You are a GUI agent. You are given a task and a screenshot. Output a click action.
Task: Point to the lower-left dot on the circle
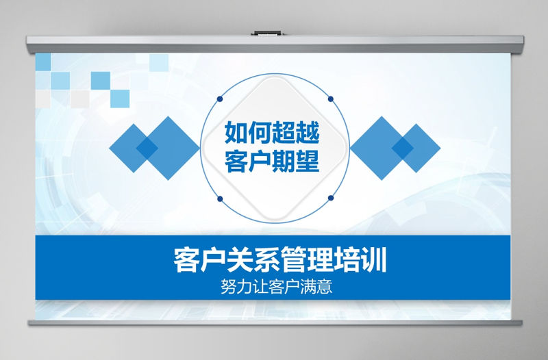pyautogui.click(x=221, y=198)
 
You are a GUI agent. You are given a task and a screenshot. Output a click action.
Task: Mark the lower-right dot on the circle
pyautogui.click(x=331, y=198)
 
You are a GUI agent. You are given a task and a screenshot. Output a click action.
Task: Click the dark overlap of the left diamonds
pyautogui.click(x=147, y=148)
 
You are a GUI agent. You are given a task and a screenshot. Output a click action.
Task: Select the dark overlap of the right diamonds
pyautogui.click(x=402, y=147)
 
